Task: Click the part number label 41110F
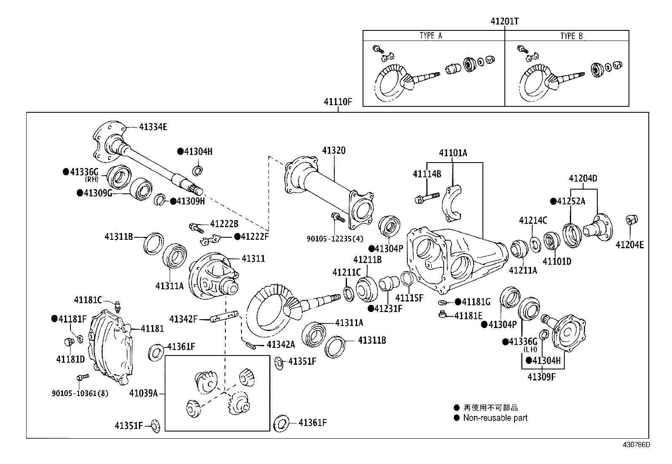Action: coord(338,102)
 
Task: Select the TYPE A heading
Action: coord(431,36)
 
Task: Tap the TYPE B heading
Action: coord(572,36)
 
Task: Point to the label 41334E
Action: coord(153,127)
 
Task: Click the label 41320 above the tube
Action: coord(334,151)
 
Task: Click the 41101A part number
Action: coord(453,153)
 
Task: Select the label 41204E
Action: coord(629,244)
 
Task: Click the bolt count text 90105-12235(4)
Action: coord(335,238)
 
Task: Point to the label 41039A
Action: coord(144,393)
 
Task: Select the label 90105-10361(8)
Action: coord(80,393)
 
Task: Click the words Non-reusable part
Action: coord(495,418)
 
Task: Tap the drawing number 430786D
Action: coord(635,445)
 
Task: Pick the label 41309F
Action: coord(542,377)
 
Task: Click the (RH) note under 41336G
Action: coord(91,179)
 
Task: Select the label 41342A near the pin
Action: coord(281,345)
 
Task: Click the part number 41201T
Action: coord(504,21)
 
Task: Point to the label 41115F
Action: coord(409,298)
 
